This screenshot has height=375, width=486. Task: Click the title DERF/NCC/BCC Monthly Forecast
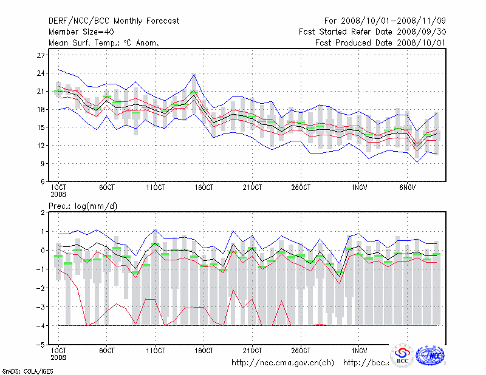pos(114,21)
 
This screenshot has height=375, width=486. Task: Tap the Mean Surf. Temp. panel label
pos(104,42)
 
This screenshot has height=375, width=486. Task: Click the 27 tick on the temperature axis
pos(42,55)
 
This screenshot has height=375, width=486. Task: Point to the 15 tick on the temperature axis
pos(42,127)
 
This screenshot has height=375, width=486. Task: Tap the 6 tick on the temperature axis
pos(43,181)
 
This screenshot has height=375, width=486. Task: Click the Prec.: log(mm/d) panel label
pos(83,206)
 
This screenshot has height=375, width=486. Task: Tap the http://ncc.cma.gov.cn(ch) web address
pos(282,363)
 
